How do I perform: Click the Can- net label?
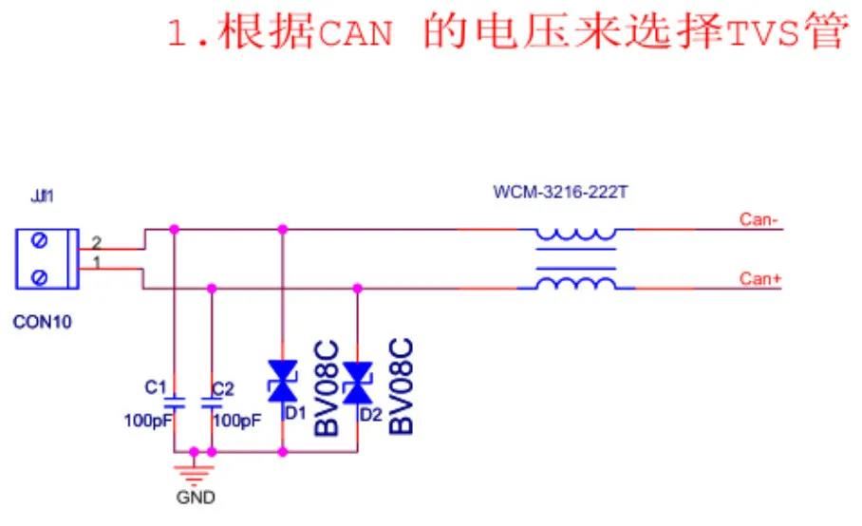[759, 220]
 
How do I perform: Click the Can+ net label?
[759, 278]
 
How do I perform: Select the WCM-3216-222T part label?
[560, 193]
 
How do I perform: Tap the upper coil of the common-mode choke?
[575, 234]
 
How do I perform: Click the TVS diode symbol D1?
[283, 381]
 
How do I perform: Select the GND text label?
[196, 497]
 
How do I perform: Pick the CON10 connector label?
[42, 322]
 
